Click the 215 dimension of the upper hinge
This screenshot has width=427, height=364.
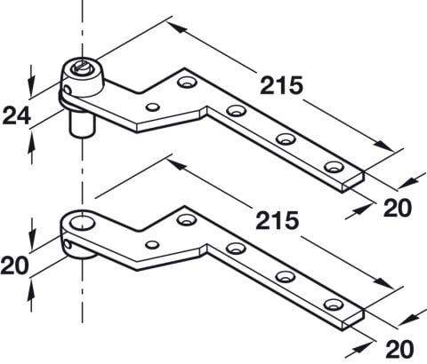coord(281,85)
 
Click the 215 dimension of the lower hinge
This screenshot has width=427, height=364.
coord(278,220)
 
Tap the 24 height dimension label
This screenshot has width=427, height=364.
coord(17,115)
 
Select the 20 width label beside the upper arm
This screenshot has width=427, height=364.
coord(398,208)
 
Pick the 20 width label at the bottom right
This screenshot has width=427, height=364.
coord(399,349)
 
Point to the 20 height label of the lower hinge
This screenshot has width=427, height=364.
coord(15,265)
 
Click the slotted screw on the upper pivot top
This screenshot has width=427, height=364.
coord(80,68)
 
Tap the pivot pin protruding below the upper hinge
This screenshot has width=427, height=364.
coord(82,125)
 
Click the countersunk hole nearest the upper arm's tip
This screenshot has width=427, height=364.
coord(334,167)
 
